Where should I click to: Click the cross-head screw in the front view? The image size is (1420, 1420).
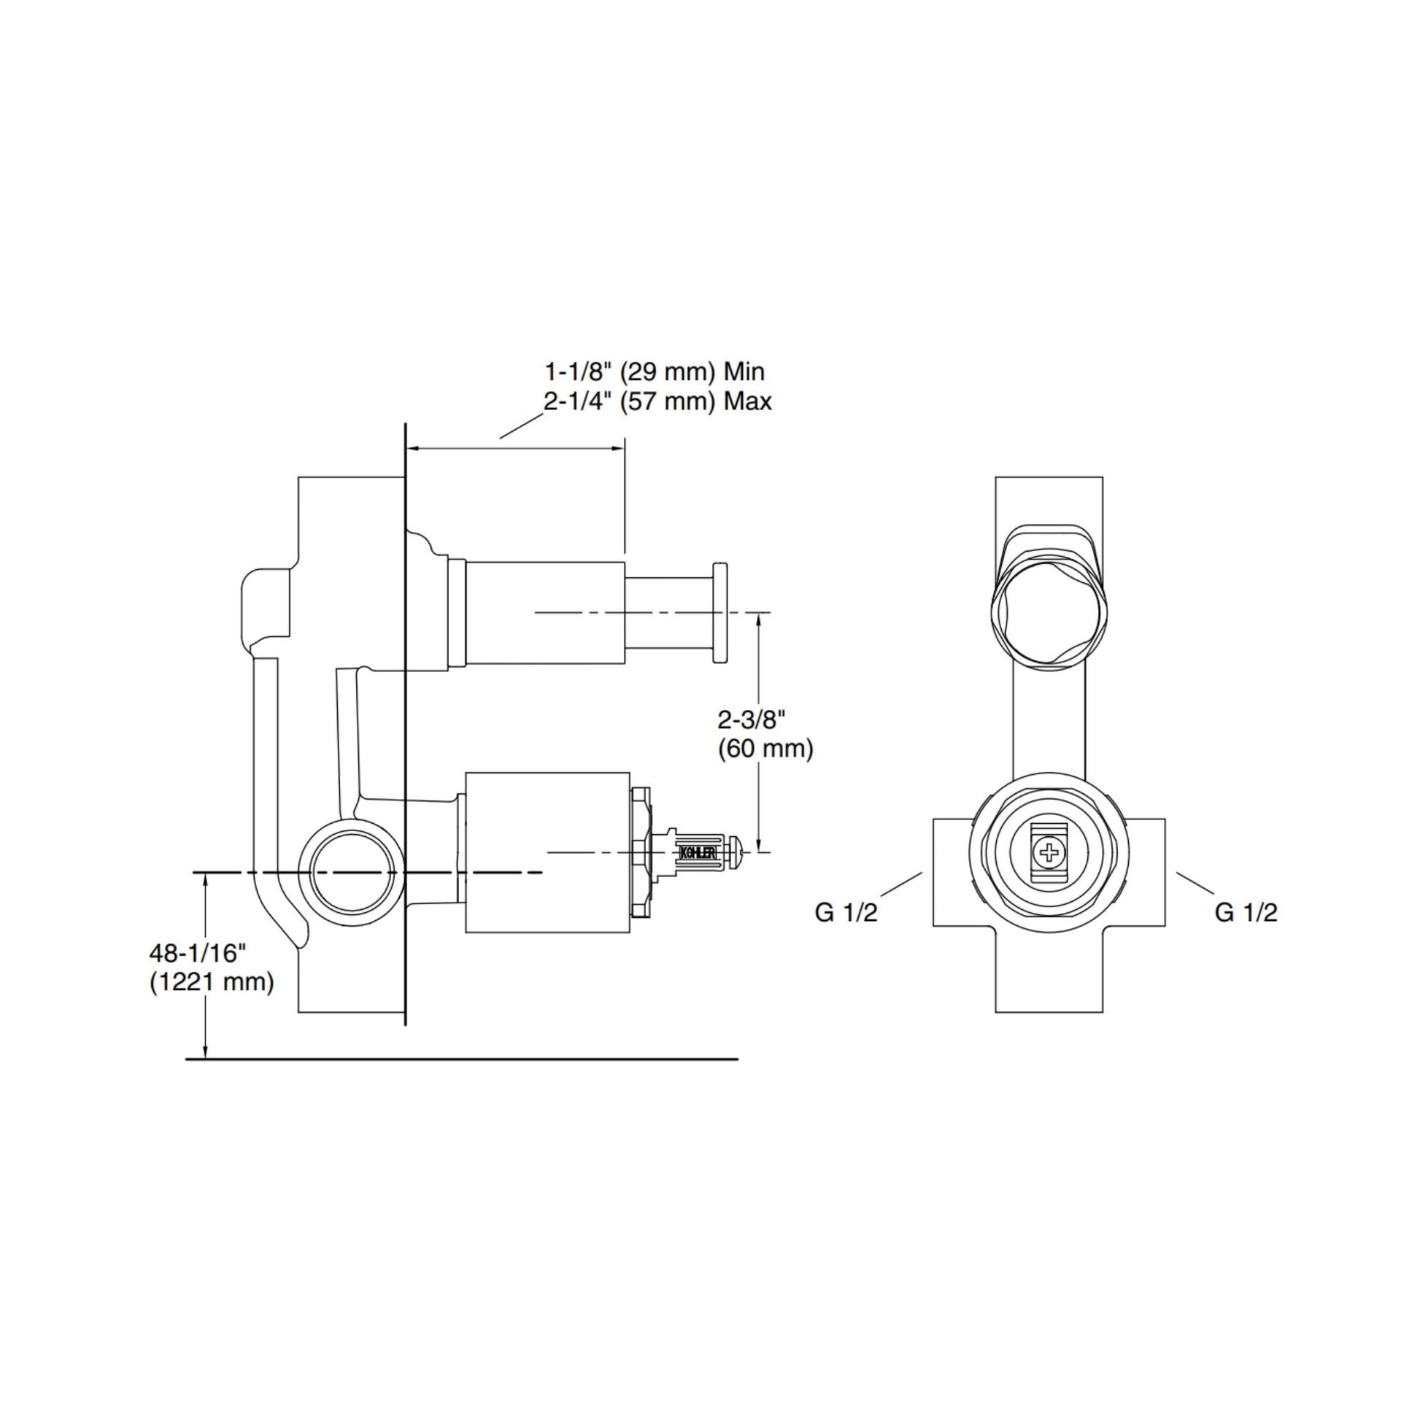coord(1048,853)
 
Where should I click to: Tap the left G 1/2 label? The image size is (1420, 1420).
coord(845,912)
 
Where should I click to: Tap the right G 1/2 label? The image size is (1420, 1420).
coord(1246,912)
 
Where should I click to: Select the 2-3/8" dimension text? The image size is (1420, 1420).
coord(752,719)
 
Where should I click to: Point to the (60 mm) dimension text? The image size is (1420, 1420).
coord(765,749)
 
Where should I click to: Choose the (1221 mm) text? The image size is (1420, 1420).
coord(212,983)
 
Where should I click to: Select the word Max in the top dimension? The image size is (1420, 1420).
coord(747,402)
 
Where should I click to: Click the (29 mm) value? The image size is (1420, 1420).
coord(668,372)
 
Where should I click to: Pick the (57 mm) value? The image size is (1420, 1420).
coord(668,402)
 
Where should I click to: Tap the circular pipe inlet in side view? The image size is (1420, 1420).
coord(351,873)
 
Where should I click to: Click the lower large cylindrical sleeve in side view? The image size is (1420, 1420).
coord(547,853)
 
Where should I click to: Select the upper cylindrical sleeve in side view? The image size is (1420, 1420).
coord(545,613)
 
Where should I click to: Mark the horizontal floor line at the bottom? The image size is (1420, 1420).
coord(462,1059)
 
